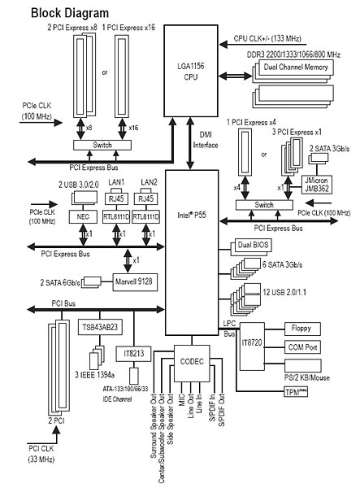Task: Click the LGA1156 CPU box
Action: (191, 71)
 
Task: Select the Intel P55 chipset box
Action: (192, 252)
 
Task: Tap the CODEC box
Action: (192, 364)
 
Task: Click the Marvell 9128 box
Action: (135, 282)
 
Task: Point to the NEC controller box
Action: (83, 216)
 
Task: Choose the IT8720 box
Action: (252, 346)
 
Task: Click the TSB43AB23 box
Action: (100, 327)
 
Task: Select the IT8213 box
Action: (133, 354)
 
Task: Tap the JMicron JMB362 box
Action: (316, 185)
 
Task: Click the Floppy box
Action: (302, 329)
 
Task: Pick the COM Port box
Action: (302, 347)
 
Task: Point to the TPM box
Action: (296, 392)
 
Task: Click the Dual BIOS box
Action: (253, 245)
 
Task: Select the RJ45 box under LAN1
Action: (116, 198)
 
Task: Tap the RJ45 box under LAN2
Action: (145, 198)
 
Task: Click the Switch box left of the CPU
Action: (102, 145)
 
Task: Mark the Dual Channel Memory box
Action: (295, 68)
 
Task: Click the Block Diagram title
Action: (70, 13)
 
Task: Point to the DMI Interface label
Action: (206, 140)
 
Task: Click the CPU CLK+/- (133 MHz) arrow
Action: (261, 45)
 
